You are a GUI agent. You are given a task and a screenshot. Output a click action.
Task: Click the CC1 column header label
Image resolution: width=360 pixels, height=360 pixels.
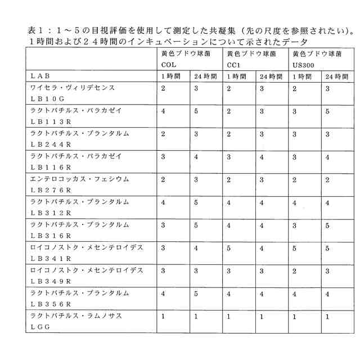tap(233, 65)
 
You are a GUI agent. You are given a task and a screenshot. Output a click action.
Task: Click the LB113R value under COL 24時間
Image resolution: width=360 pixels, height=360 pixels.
tap(196, 111)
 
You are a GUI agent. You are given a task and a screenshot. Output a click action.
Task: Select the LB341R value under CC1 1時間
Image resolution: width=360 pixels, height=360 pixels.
tap(229, 247)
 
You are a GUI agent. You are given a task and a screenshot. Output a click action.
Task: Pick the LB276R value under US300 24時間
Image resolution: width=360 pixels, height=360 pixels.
tap(327, 179)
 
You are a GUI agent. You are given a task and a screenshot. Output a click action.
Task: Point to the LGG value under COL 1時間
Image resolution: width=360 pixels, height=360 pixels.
tap(163, 316)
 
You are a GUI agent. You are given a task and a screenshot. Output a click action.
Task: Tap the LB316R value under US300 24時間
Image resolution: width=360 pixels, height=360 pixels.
tap(327, 225)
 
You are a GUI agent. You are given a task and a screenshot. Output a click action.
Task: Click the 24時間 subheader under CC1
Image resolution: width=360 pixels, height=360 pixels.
tap(271, 76)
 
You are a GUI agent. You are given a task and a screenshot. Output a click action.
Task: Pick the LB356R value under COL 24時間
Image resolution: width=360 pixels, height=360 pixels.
tap(196, 293)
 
